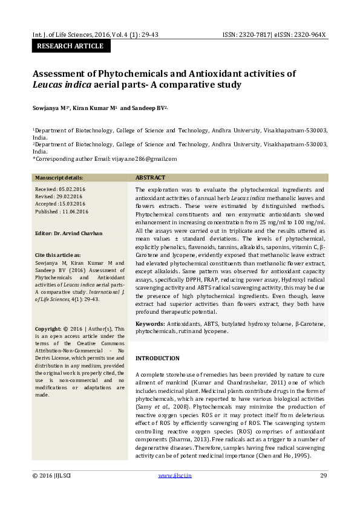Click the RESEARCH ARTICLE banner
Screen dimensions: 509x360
(70, 46)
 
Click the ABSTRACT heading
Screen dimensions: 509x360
(150, 178)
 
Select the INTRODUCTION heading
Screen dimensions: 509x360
(157, 358)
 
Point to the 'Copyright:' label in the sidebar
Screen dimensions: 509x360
(48, 329)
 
